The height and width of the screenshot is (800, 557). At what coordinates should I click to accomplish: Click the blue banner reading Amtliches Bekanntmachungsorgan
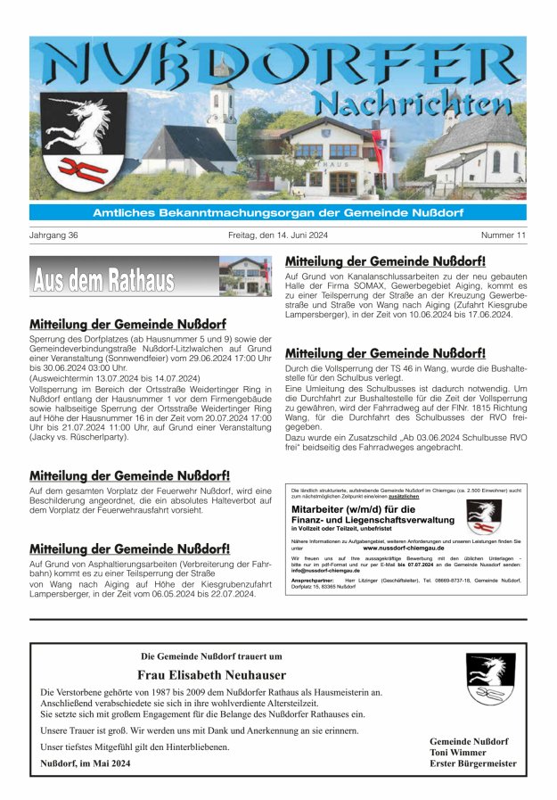pos(277,212)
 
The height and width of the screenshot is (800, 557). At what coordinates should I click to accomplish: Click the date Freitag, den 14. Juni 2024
pos(278,235)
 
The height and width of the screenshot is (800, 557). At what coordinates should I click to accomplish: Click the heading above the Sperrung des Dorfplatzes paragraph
pos(127,325)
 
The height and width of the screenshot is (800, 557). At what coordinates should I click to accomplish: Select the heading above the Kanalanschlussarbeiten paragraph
pos(385,261)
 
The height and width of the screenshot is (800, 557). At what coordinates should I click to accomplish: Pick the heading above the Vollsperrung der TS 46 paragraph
pos(385,353)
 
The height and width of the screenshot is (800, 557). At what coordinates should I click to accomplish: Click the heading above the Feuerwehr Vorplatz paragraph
pos(129,476)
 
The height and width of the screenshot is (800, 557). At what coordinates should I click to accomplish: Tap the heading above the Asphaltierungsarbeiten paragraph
pos(129,548)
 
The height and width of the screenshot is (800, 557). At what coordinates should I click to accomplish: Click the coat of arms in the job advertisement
pos(483,516)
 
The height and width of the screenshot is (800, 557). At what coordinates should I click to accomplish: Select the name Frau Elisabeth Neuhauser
pos(211,675)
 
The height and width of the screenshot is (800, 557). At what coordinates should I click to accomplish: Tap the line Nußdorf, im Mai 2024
pos(86,763)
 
